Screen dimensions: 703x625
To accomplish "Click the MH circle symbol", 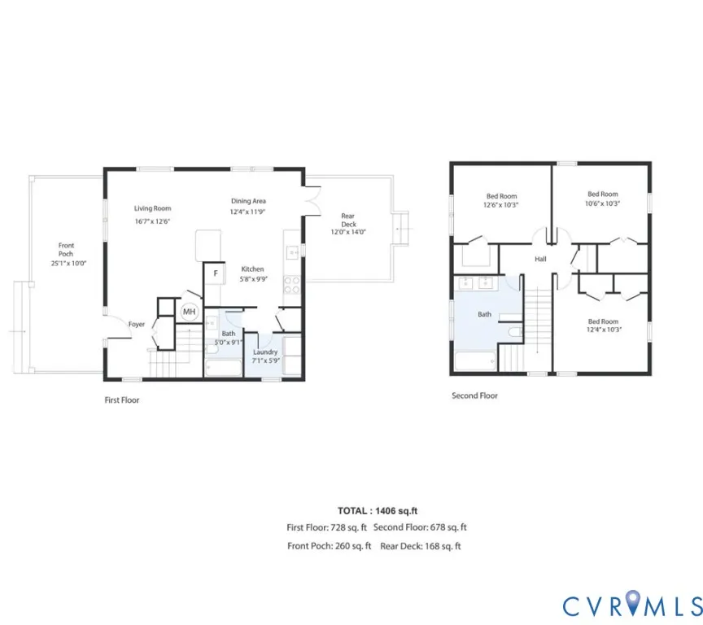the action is (x=190, y=312).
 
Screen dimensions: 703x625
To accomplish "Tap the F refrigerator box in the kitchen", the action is (x=215, y=273).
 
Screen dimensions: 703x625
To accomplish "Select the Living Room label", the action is (x=152, y=208).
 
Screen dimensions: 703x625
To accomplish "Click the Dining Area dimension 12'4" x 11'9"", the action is (x=248, y=212).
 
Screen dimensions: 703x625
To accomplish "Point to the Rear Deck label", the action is (x=348, y=220).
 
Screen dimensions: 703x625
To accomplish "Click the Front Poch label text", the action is (x=66, y=249).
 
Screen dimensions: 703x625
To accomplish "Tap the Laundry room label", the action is (x=265, y=352).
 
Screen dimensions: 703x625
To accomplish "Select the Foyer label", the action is (x=137, y=324).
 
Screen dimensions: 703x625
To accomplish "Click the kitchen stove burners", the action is (x=292, y=285).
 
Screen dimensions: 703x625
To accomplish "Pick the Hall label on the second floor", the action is (x=540, y=259).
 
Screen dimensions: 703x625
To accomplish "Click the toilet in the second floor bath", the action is (x=516, y=332).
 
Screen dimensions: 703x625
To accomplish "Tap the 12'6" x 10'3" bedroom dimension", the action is (x=500, y=205).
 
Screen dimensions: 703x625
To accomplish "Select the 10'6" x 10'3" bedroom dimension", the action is (x=602, y=203).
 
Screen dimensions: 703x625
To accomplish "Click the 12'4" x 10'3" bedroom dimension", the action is (x=604, y=330).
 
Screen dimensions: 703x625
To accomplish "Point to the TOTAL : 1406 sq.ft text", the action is (x=378, y=511).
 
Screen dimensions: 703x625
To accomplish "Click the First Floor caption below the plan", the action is (x=122, y=400).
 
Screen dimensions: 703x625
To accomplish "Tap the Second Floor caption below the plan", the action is (x=475, y=396).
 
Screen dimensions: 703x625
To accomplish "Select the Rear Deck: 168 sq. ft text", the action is (x=421, y=546).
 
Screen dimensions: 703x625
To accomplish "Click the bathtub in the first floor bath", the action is (x=223, y=368).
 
